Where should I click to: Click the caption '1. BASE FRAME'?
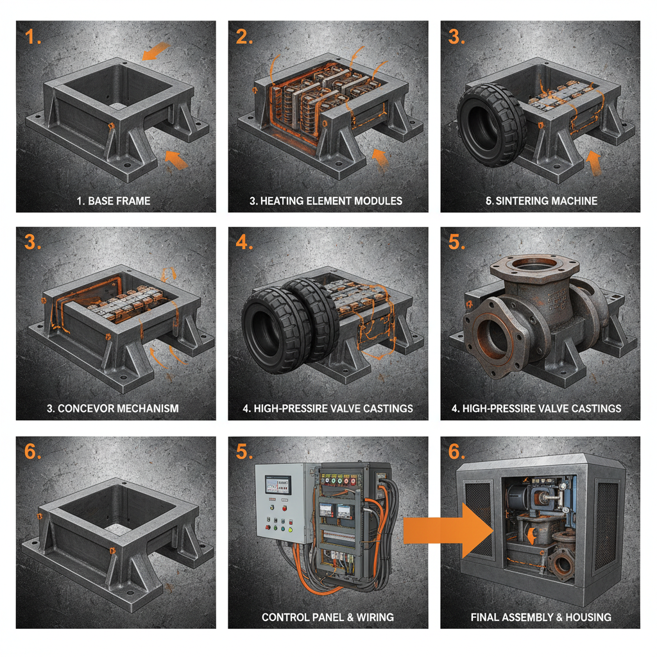[x=114, y=201]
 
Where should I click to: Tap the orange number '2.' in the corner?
[x=244, y=37]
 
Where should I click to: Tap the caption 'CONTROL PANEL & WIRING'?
[x=327, y=617]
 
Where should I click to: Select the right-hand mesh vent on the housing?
[x=606, y=526]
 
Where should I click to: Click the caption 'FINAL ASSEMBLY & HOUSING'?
[x=541, y=617]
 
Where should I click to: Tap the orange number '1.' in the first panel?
[x=33, y=37]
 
